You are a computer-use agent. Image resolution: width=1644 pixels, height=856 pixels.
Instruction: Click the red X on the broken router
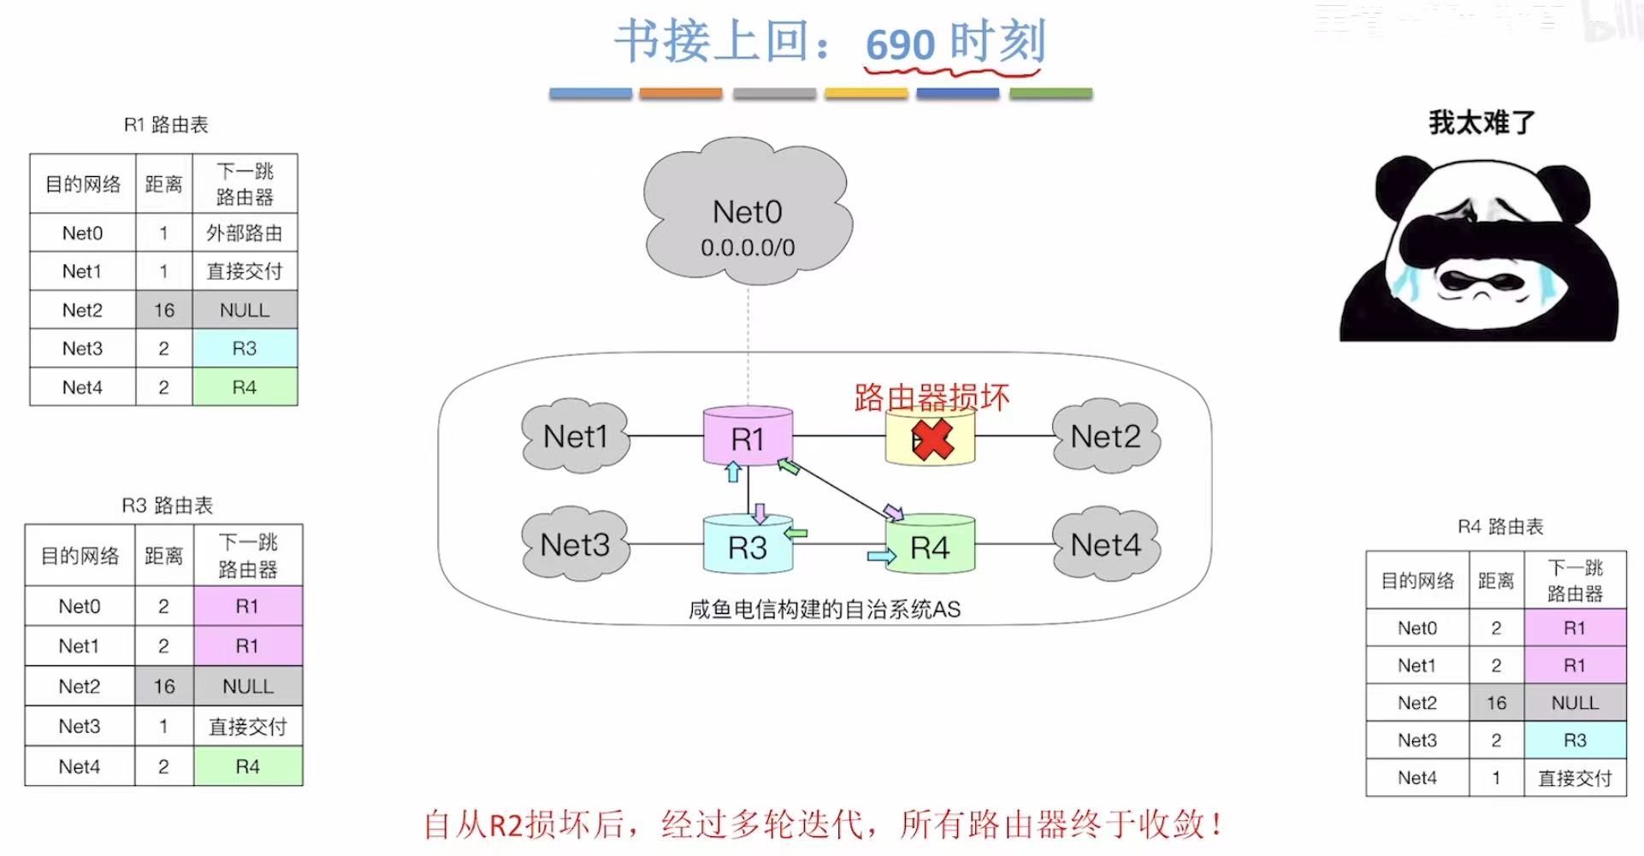point(931,440)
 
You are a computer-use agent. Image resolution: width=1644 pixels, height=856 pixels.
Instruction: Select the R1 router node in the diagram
point(748,438)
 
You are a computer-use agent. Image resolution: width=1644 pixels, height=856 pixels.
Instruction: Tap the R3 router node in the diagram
point(748,546)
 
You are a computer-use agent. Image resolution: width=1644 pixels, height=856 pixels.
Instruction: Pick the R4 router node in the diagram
point(930,546)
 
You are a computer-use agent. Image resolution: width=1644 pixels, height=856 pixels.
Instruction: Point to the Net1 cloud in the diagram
point(575,436)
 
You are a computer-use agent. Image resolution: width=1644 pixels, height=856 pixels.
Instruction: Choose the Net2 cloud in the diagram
point(1105,436)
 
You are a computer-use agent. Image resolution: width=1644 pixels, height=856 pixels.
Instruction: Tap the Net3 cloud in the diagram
point(575,545)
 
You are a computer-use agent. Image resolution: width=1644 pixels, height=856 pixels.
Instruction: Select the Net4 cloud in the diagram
point(1105,545)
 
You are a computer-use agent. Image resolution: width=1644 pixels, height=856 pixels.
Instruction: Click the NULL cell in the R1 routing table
point(245,310)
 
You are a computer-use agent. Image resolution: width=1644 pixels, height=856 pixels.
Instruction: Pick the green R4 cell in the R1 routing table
point(245,387)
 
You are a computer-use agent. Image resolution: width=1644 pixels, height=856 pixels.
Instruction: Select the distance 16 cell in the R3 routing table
point(163,686)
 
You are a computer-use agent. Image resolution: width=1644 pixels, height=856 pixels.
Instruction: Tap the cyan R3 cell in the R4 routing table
point(1575,740)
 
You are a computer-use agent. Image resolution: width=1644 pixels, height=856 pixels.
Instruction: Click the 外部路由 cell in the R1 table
point(245,233)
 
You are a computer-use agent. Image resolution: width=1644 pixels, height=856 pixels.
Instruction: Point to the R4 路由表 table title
point(1500,527)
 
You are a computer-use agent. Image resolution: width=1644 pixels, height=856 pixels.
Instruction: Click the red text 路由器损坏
point(931,398)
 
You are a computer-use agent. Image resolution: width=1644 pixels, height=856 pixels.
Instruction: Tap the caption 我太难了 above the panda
point(1481,123)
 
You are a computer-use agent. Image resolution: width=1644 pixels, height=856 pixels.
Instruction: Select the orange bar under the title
point(681,93)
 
